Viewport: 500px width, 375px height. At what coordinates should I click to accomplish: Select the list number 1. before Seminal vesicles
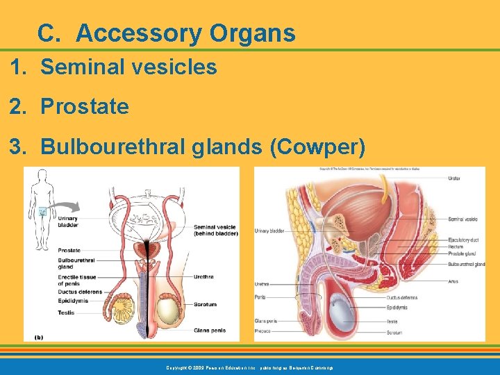[19, 67]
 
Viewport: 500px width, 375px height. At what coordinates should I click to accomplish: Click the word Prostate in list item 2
[85, 107]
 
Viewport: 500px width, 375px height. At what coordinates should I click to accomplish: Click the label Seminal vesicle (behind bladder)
[215, 230]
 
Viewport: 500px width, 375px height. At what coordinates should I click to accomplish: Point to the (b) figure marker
[39, 337]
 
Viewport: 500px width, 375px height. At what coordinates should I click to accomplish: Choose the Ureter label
[455, 178]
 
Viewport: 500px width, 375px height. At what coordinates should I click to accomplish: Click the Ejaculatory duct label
[464, 240]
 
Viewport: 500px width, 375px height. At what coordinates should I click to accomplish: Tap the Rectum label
[456, 247]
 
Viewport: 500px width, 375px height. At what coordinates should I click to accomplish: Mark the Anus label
[453, 281]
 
